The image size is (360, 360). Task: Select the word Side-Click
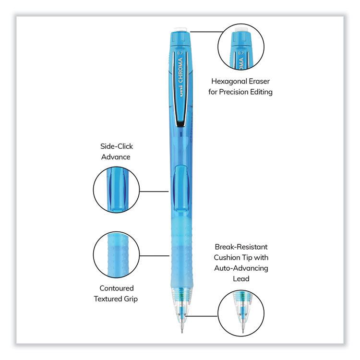point(117,146)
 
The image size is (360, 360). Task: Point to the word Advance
point(116,157)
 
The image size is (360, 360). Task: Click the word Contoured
point(117,288)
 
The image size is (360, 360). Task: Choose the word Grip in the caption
point(131,299)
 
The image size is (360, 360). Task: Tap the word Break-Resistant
point(241,247)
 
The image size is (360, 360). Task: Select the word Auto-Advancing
point(241,268)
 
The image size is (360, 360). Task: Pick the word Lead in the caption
point(241,279)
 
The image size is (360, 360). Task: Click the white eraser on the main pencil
point(180,29)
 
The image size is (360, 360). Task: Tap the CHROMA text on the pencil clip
point(180,70)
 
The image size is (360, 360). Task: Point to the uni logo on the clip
point(181,91)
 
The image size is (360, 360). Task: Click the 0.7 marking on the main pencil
point(180,53)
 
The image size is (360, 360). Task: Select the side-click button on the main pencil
point(181,188)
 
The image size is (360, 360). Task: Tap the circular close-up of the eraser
point(241,47)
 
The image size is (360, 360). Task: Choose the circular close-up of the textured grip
point(117,254)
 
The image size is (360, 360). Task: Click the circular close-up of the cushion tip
point(241,313)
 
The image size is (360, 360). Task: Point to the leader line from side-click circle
point(154,191)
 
